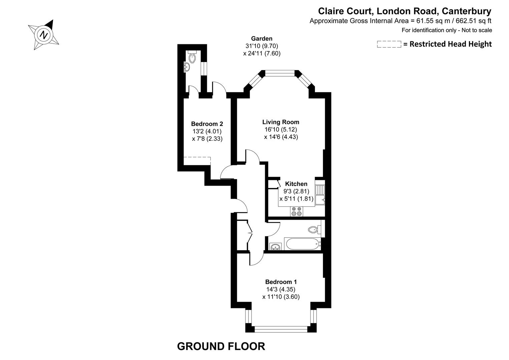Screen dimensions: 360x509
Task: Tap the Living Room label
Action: (x=281, y=122)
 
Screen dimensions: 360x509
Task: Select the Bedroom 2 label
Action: (x=207, y=124)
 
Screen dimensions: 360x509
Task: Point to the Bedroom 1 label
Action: (x=281, y=282)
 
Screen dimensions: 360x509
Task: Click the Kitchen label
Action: (x=296, y=184)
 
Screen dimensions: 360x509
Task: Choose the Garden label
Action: (x=262, y=39)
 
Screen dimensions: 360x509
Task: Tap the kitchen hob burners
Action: (x=297, y=211)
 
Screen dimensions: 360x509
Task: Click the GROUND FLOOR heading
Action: (x=221, y=346)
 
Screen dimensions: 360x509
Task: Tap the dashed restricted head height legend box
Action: (x=389, y=44)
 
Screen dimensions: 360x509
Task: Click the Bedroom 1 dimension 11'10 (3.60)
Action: (x=281, y=297)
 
